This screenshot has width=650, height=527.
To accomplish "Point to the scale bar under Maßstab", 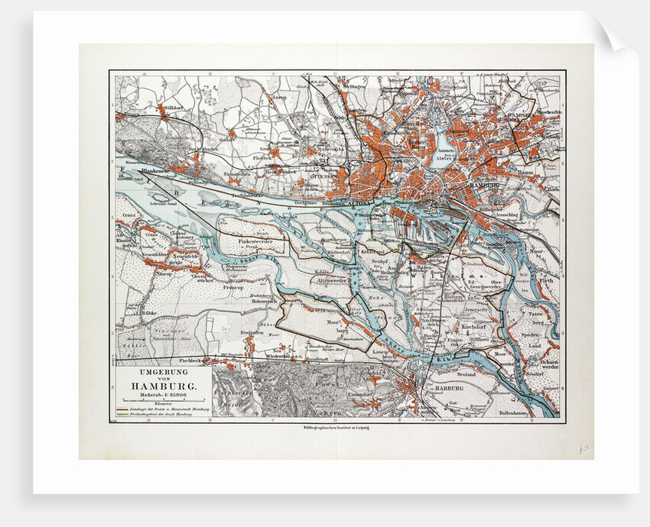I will point(161,399).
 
